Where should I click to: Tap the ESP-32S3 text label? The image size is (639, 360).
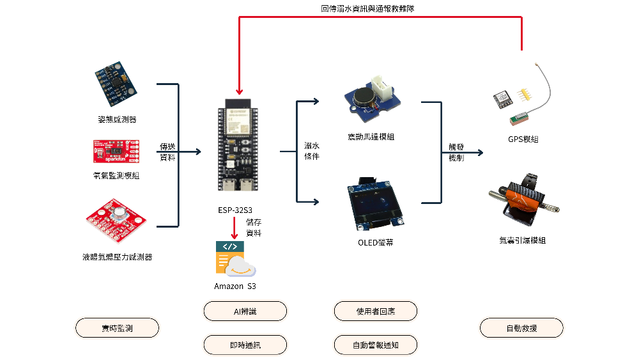pyautogui.click(x=235, y=210)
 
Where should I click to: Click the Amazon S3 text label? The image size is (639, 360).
pyautogui.click(x=235, y=286)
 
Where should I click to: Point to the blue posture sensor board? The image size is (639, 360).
pyautogui.click(x=117, y=84)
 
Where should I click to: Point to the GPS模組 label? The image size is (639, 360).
pyautogui.click(x=523, y=139)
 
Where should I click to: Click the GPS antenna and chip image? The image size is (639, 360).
pyautogui.click(x=524, y=99)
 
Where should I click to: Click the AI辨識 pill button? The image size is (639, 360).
pyautogui.click(x=245, y=311)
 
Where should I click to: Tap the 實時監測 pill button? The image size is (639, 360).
pyautogui.click(x=117, y=328)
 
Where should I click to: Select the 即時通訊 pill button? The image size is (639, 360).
pyautogui.click(x=245, y=345)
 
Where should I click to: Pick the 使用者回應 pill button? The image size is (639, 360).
pyautogui.click(x=376, y=311)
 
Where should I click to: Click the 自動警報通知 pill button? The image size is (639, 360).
pyautogui.click(x=376, y=345)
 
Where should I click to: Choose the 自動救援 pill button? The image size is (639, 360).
pyautogui.click(x=521, y=328)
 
